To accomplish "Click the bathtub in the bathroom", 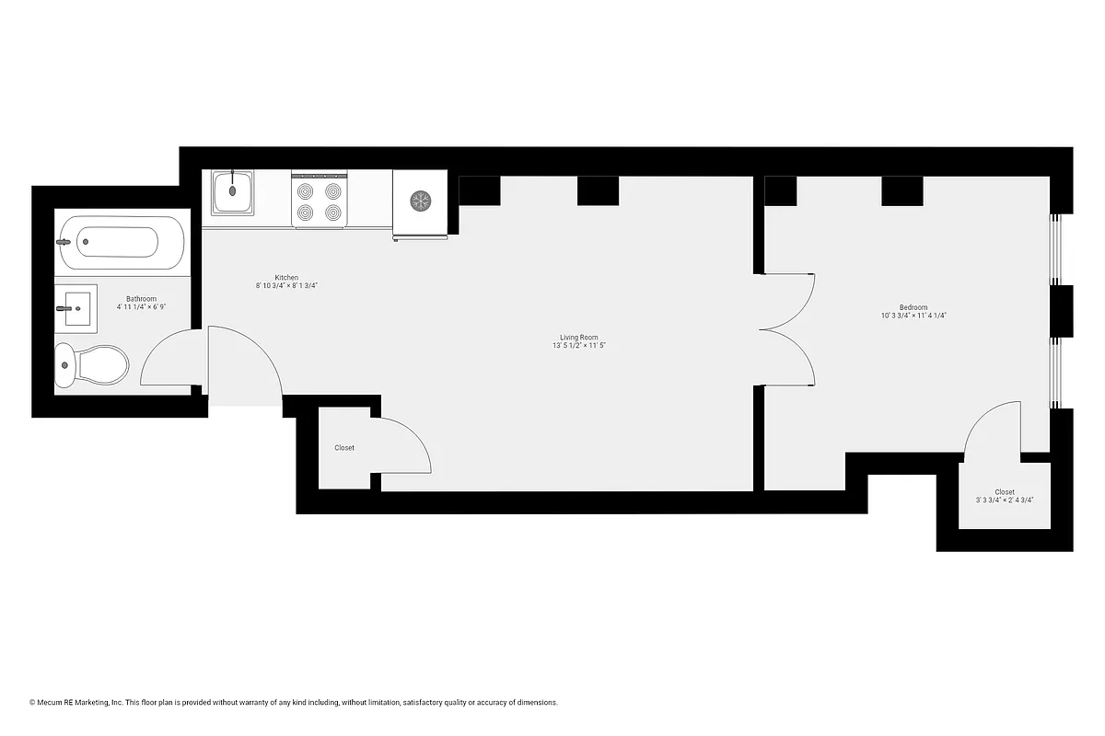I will pyautogui.click(x=120, y=242).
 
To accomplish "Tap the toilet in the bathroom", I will pyautogui.click(x=92, y=365).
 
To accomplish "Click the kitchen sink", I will pyautogui.click(x=233, y=194).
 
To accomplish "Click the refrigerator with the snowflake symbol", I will pyautogui.click(x=420, y=201).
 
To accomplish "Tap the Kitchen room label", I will pyautogui.click(x=286, y=278).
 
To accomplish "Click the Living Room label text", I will pyautogui.click(x=578, y=338).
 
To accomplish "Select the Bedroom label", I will pyautogui.click(x=913, y=307).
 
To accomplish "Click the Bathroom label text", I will pyautogui.click(x=141, y=299).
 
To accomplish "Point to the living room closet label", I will pyautogui.click(x=344, y=448).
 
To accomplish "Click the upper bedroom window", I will pyautogui.click(x=1056, y=250).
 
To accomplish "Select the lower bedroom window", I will pyautogui.click(x=1056, y=373).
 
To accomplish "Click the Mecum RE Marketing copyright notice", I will pyautogui.click(x=294, y=703).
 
